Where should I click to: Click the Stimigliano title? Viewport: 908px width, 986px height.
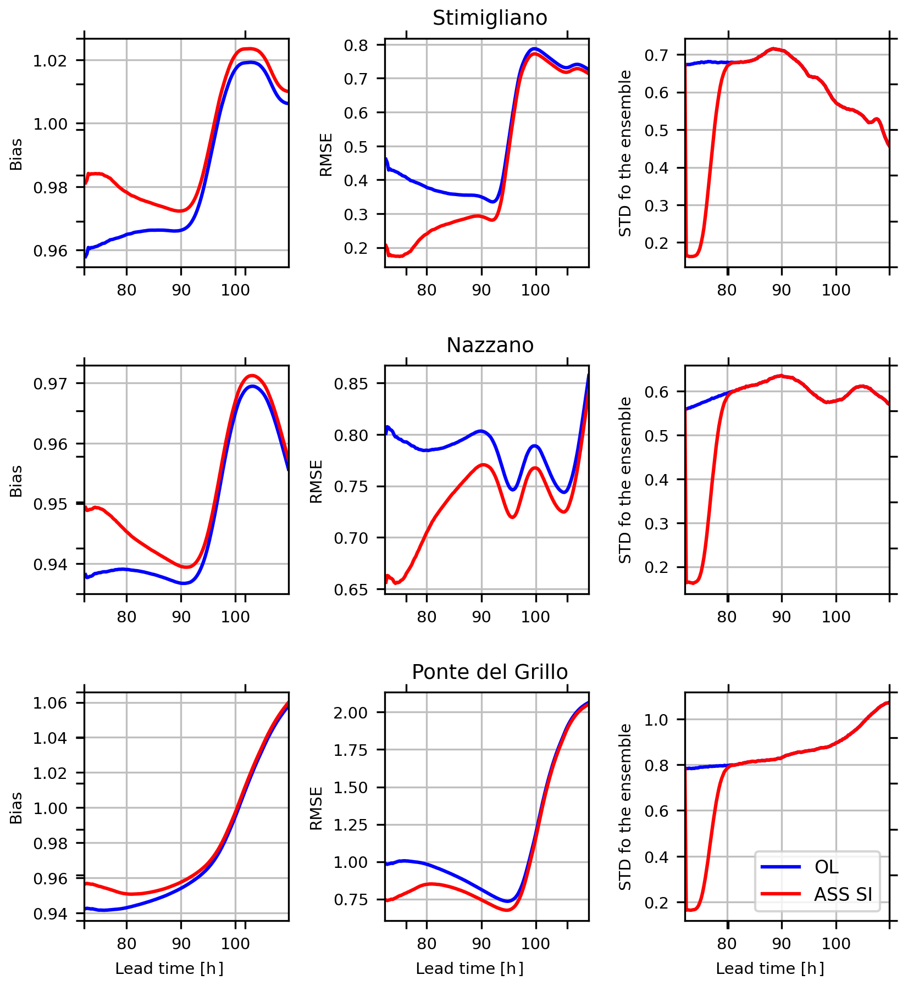pyautogui.click(x=490, y=18)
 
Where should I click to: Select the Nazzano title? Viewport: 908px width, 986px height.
pyautogui.click(x=490, y=346)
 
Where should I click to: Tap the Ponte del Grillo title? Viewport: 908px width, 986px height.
pyautogui.click(x=490, y=672)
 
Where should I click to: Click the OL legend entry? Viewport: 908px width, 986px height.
pyautogui.click(x=826, y=867)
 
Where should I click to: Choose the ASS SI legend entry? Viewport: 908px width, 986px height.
pyautogui.click(x=843, y=894)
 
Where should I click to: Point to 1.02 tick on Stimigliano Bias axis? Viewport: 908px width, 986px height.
pyautogui.click(x=51, y=60)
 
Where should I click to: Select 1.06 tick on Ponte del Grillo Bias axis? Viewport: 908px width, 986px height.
pyautogui.click(x=51, y=703)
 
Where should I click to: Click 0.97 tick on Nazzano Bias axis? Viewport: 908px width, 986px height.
pyautogui.click(x=51, y=383)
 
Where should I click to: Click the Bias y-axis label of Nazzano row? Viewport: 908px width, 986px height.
pyautogui.click(x=16, y=481)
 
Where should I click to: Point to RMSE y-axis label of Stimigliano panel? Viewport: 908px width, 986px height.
pyautogui.click(x=326, y=154)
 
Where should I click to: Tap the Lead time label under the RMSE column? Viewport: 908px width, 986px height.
pyautogui.click(x=469, y=968)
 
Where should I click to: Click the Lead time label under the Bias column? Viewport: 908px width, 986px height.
pyautogui.click(x=169, y=968)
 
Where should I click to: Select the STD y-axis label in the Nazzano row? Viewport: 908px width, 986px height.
pyautogui.click(x=625, y=481)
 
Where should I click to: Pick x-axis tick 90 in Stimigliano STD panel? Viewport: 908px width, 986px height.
pyautogui.click(x=781, y=289)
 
